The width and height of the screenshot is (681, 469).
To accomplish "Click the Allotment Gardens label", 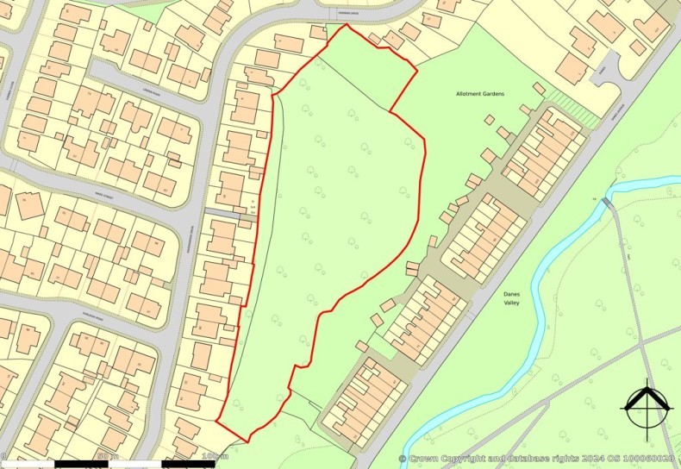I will [x=482, y=92].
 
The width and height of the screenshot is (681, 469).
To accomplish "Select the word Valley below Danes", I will [x=515, y=303].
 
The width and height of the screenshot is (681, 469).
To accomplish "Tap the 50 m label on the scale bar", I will [x=107, y=455].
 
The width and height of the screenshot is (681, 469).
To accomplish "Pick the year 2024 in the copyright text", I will [x=595, y=459].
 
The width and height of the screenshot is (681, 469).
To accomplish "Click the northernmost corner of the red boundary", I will [x=347, y=25].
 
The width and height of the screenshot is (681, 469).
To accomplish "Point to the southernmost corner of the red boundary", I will [x=248, y=442].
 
